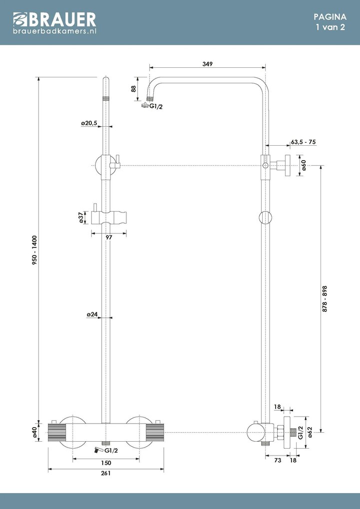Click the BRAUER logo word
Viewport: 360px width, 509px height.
(61, 19)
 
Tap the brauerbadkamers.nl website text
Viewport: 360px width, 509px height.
(54, 31)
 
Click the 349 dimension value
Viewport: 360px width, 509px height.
(208, 64)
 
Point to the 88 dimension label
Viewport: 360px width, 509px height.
(134, 88)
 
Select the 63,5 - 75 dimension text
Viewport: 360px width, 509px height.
(304, 142)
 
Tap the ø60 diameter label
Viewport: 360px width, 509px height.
(304, 165)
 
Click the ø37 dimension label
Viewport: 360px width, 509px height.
(81, 218)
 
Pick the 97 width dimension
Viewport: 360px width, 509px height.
(109, 238)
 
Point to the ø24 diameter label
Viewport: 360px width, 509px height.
(92, 314)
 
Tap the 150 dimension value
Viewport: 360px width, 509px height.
(105, 463)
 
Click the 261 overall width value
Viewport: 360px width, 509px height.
(105, 474)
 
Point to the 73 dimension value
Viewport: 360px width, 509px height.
(278, 461)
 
